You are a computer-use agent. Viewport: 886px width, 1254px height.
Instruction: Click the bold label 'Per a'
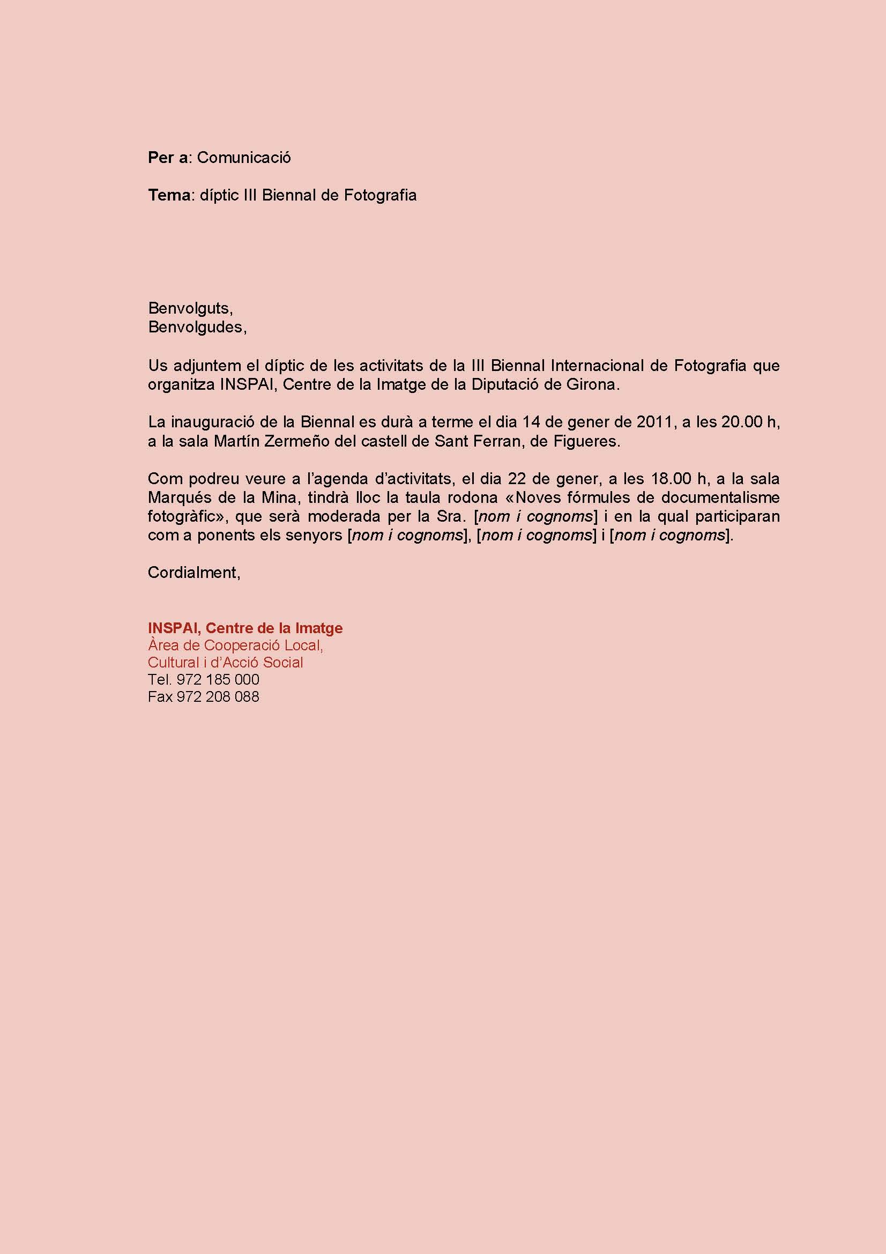168,158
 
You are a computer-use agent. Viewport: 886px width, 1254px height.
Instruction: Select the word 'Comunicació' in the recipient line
243,158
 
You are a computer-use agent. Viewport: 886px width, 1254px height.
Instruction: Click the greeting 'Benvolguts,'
190,309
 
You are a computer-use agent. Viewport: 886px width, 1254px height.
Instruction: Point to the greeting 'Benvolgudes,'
197,327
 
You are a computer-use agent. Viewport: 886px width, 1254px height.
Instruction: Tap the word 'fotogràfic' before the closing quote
184,517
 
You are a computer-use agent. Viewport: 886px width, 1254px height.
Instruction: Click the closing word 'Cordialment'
193,573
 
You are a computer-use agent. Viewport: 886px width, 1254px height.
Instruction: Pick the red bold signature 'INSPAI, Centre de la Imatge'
245,628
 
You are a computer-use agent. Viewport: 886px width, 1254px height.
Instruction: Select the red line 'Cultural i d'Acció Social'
225,663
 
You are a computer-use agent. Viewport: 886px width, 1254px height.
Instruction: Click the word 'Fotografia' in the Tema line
380,196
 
